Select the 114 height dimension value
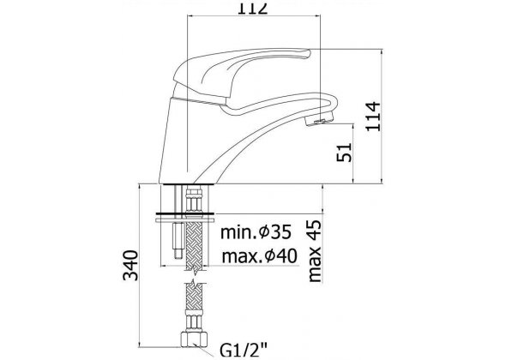point(373,117)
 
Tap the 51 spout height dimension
point(344,153)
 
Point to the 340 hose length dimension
point(130,265)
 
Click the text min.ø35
point(256,232)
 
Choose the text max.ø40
point(259,256)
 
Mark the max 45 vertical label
point(315,251)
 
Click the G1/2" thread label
point(244,351)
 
